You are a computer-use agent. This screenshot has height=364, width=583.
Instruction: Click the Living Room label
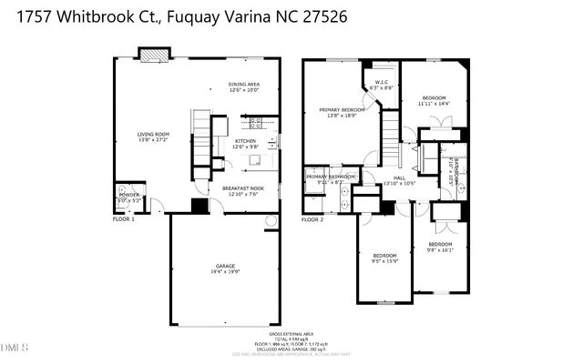(153, 136)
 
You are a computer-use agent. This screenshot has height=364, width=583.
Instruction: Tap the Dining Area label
(244, 87)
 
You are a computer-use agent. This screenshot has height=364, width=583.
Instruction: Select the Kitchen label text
(246, 143)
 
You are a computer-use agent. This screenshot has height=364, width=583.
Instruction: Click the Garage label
(225, 268)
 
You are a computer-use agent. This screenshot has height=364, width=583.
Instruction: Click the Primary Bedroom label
(342, 113)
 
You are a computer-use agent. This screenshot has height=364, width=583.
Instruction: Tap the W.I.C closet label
(383, 85)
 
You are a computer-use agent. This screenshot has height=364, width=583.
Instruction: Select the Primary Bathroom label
(331, 178)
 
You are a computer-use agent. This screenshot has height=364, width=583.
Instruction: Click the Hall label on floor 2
(399, 180)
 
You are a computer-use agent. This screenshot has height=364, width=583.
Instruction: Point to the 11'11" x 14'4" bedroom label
(435, 101)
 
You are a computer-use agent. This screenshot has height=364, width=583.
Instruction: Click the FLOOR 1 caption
(123, 219)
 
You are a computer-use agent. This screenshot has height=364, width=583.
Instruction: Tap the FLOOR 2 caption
(312, 219)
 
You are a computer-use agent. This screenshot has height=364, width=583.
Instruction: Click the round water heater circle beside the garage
(270, 222)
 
